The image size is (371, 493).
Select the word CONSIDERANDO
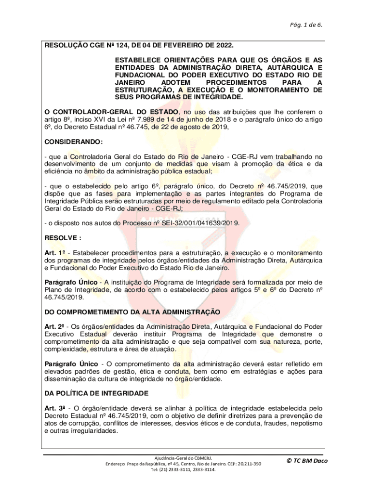click(67, 143)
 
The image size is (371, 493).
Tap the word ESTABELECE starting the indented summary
click(137, 59)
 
